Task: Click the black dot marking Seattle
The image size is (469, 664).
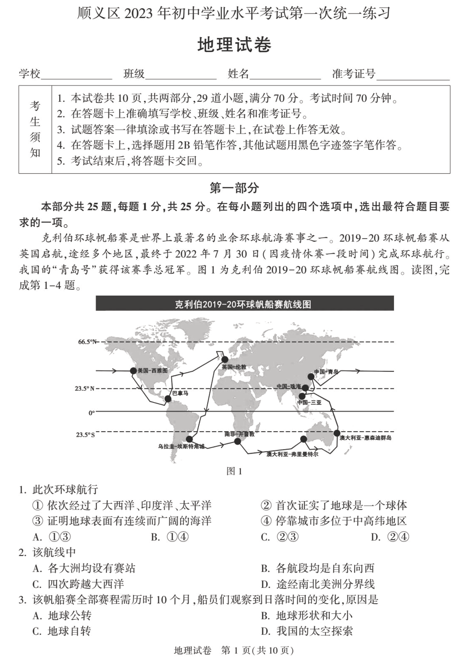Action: point(133,370)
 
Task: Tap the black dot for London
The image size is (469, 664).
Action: point(225,359)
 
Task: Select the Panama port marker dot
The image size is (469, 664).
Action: point(168,399)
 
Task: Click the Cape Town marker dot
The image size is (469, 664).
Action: point(237,441)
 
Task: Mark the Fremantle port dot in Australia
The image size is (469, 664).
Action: point(303,439)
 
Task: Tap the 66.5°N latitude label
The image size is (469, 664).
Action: point(87,342)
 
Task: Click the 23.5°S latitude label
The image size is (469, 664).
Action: point(85,435)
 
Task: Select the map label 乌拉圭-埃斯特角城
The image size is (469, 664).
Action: point(181,446)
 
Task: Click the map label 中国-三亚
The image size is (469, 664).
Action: point(309,402)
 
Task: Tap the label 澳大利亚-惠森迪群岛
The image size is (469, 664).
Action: point(366,438)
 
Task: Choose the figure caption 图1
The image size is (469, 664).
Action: point(234,471)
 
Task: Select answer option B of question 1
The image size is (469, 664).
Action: point(170,537)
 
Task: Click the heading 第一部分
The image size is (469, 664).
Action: point(234,188)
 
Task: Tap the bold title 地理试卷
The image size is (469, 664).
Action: point(234,45)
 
